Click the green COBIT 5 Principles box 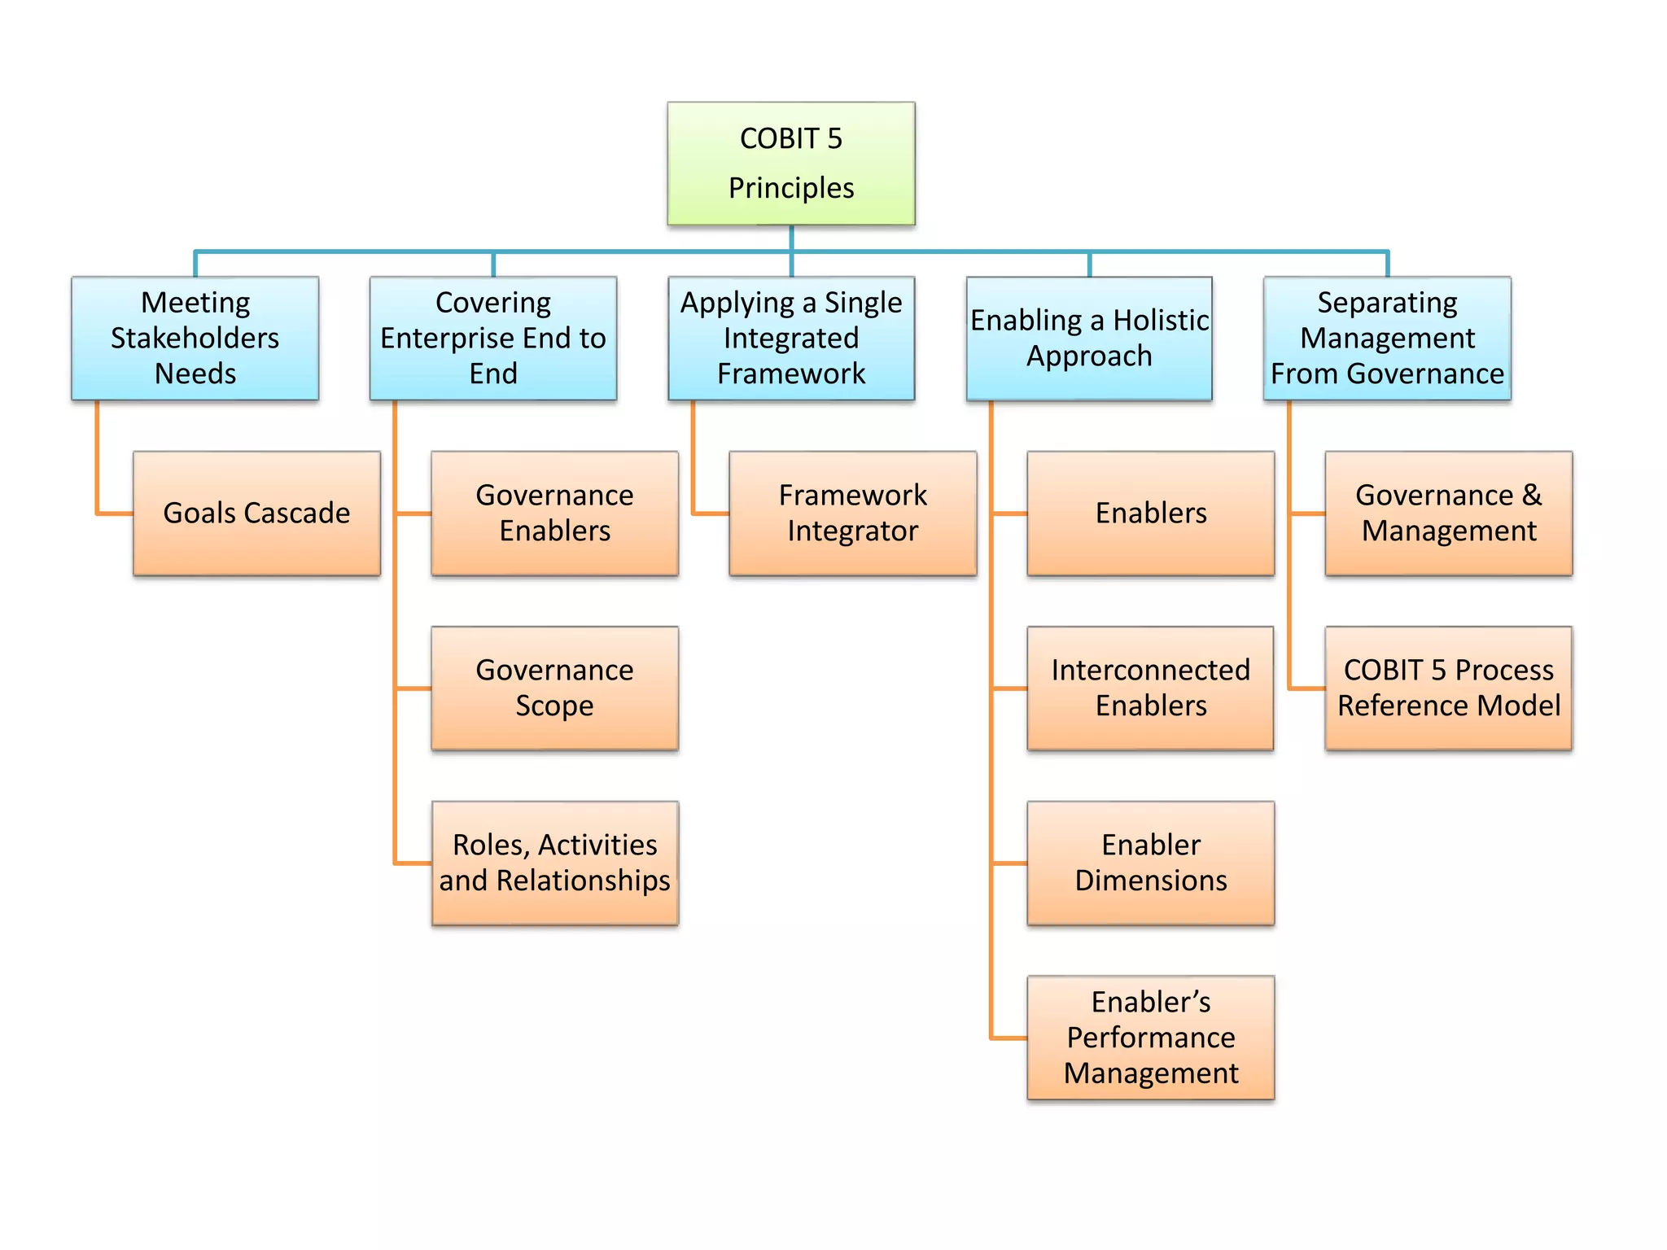(790, 163)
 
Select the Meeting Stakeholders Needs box (195, 338)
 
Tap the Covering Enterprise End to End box (492, 338)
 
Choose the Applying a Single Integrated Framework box (790, 338)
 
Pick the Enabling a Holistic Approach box (1088, 338)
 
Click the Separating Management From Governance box (1386, 338)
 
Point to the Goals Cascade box (256, 513)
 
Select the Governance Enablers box (554, 513)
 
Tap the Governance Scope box (554, 688)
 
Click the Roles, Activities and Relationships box (554, 863)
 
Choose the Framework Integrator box (852, 513)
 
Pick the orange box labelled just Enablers (1150, 513)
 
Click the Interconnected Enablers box (1150, 688)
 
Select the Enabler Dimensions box (1150, 863)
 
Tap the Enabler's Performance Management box (1150, 1038)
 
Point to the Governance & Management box (1448, 513)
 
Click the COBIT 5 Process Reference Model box (1448, 688)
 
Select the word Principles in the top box (790, 189)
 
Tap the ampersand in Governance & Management (1532, 495)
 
